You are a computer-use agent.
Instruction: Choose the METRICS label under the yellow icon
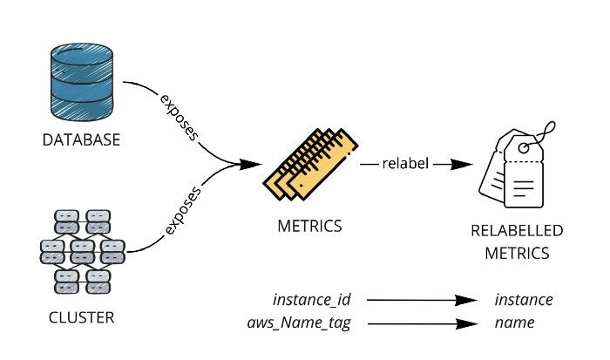pos(308,226)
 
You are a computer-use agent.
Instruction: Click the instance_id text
pos(311,300)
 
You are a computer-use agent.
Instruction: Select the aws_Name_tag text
pos(299,323)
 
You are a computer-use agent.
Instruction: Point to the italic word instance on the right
pos(523,300)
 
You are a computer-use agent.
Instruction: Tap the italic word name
pos(514,323)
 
